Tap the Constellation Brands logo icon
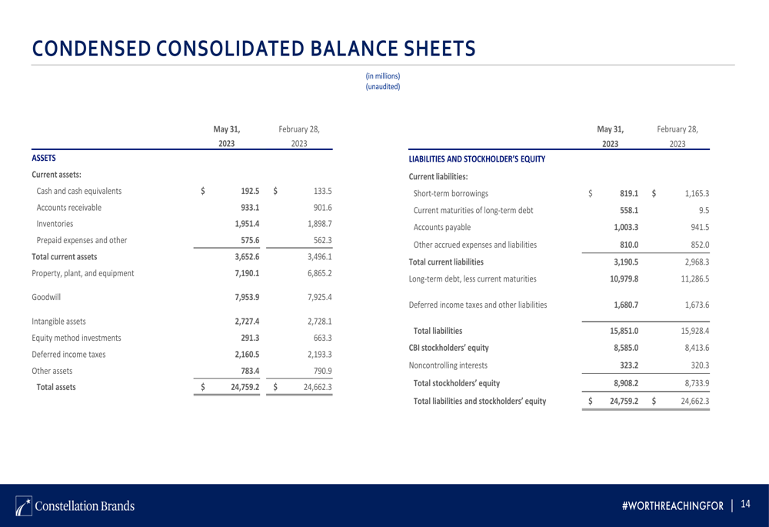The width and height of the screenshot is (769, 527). [x=23, y=505]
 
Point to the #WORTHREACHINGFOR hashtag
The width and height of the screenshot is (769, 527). [x=673, y=505]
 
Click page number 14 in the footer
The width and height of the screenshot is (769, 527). [x=744, y=505]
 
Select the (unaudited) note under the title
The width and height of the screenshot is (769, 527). [x=382, y=86]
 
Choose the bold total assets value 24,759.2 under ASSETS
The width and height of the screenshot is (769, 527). [x=245, y=387]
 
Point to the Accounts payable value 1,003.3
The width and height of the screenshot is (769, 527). [x=626, y=227]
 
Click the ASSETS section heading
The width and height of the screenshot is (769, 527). [x=43, y=158]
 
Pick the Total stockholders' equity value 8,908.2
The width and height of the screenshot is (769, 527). [x=625, y=382]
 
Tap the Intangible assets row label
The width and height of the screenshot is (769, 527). [x=58, y=322]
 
